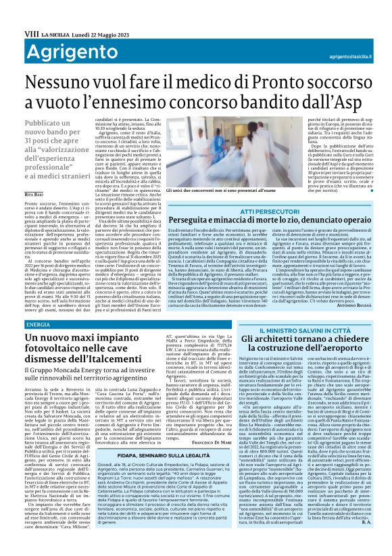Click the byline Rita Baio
[34, 193]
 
